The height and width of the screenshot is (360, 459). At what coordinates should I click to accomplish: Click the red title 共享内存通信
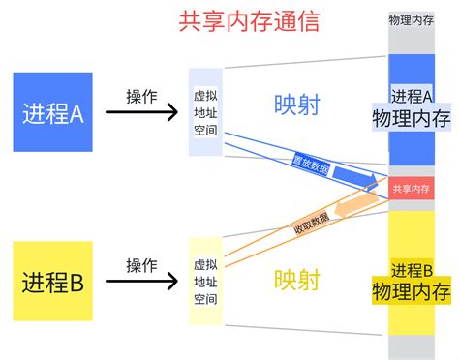pos(249,21)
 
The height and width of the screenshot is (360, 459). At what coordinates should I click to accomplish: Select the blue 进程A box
pos(53,112)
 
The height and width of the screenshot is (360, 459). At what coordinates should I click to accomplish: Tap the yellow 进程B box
pos(53,282)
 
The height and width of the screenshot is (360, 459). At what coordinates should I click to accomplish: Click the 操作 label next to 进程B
pos(141,265)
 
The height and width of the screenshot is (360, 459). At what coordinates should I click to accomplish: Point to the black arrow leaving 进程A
pos(141,113)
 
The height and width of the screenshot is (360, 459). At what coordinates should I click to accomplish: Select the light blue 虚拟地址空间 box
pos(205,112)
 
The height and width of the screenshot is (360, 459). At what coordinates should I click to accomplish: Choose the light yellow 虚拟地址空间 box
pos(205,282)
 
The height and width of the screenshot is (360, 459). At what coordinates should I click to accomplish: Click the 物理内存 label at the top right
pos(412,19)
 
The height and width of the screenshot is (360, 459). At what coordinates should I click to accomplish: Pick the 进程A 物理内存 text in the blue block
pos(412,108)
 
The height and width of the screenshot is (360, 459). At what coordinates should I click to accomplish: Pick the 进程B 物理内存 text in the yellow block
pos(412,281)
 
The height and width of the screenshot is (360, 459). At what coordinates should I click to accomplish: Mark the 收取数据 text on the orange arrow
pos(311,225)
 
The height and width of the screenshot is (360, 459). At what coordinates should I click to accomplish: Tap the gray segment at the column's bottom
pos(412,346)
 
